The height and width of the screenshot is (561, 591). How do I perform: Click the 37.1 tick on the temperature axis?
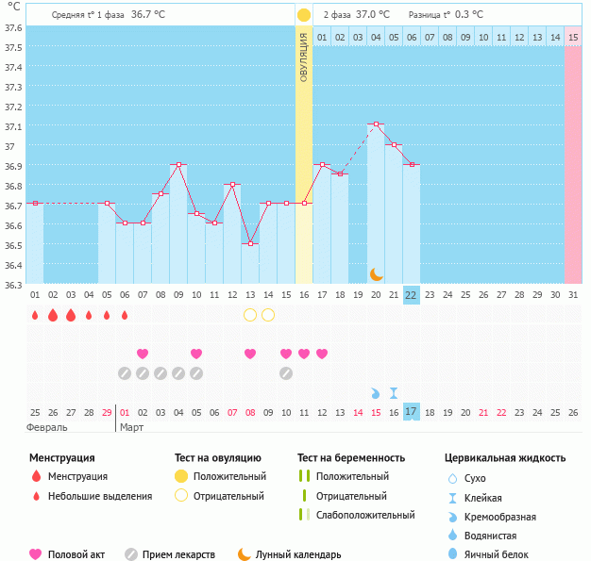pyautogui.click(x=12, y=126)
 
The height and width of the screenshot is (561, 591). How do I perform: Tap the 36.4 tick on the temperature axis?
pyautogui.click(x=12, y=265)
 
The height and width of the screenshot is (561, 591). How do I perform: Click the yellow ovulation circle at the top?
pyautogui.click(x=304, y=15)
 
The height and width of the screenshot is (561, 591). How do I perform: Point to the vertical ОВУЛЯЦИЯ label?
pyautogui.click(x=304, y=58)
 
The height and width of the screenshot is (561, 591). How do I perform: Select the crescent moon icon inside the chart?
pyautogui.click(x=376, y=274)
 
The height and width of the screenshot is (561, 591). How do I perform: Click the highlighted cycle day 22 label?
pyautogui.click(x=411, y=294)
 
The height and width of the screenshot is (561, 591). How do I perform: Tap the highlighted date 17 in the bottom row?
pyautogui.click(x=411, y=412)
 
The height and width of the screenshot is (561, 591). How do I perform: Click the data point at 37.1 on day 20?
pyautogui.click(x=376, y=124)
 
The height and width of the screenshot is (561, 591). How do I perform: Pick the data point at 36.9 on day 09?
pyautogui.click(x=178, y=164)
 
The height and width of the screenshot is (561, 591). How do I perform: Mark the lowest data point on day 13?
pyautogui.click(x=250, y=243)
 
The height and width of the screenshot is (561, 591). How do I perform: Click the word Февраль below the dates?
pyautogui.click(x=47, y=427)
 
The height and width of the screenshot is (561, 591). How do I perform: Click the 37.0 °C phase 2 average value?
pyautogui.click(x=372, y=15)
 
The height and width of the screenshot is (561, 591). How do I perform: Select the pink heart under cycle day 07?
pyautogui.click(x=143, y=354)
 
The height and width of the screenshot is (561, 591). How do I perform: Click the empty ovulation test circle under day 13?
pyautogui.click(x=250, y=315)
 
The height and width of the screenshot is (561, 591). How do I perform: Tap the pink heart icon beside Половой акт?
pyautogui.click(x=36, y=554)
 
